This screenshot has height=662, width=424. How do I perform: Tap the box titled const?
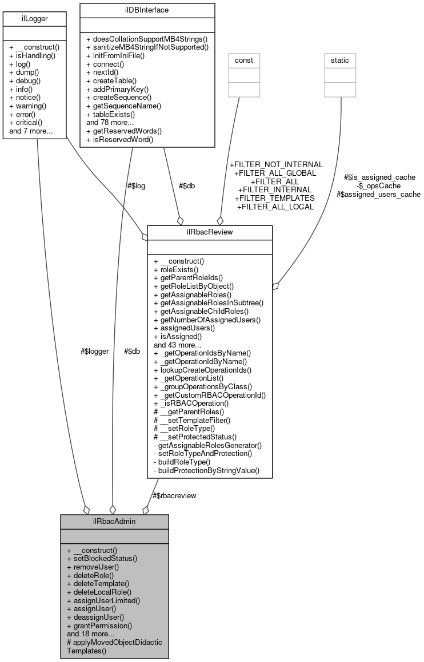[245, 60]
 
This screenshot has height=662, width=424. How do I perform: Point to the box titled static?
[341, 60]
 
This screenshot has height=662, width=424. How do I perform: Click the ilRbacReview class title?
[210, 232]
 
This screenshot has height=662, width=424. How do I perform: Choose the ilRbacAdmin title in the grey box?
[114, 521]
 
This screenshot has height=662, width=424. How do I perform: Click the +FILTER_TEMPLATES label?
[275, 197]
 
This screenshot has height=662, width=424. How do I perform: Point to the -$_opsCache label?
[378, 185]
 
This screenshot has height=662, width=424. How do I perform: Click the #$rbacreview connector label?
[174, 495]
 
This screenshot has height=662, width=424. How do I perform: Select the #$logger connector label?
[94, 352]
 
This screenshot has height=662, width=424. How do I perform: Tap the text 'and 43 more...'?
[177, 344]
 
